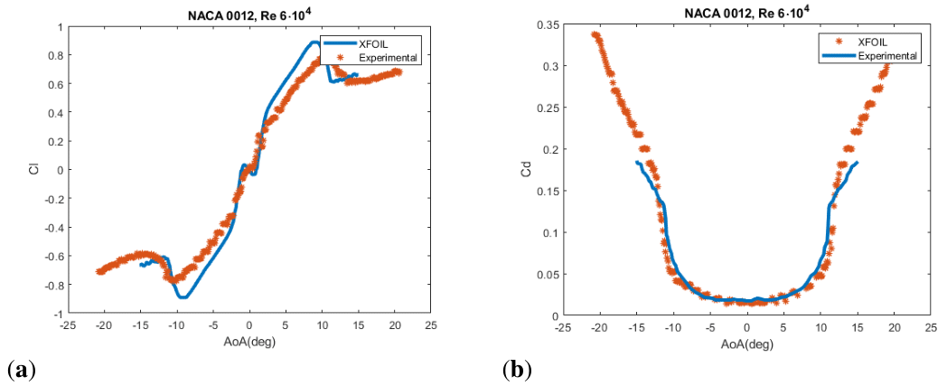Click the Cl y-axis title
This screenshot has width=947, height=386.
pyautogui.click(x=34, y=169)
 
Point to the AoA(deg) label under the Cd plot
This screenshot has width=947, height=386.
pyautogui.click(x=746, y=344)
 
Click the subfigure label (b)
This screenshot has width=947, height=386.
pyautogui.click(x=518, y=370)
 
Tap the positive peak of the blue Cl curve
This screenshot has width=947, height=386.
pyautogui.click(x=314, y=42)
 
